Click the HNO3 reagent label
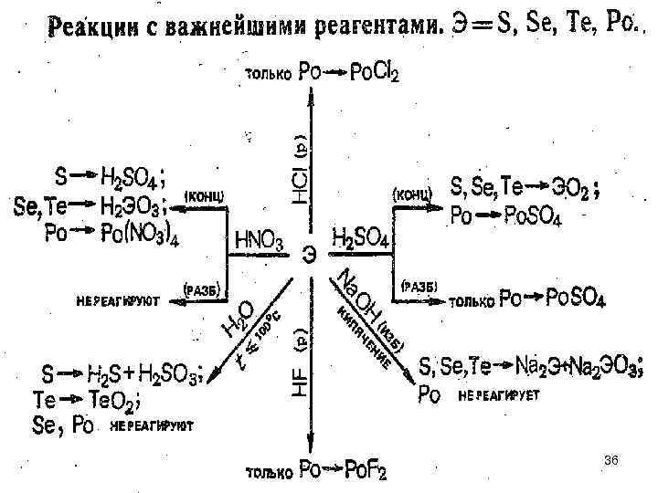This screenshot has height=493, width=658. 260,243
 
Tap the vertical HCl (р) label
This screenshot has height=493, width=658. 302,169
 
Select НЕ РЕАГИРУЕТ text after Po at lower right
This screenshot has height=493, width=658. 499,395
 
